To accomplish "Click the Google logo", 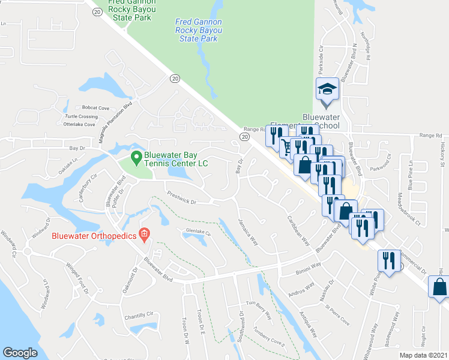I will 20,352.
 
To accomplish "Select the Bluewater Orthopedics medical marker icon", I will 144,233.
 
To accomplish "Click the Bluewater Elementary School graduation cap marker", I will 327,89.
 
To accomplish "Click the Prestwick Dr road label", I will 182,197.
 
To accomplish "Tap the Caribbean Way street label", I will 298,231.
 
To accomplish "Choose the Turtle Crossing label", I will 81,116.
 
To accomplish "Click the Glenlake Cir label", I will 199,232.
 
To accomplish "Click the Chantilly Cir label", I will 140,315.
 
